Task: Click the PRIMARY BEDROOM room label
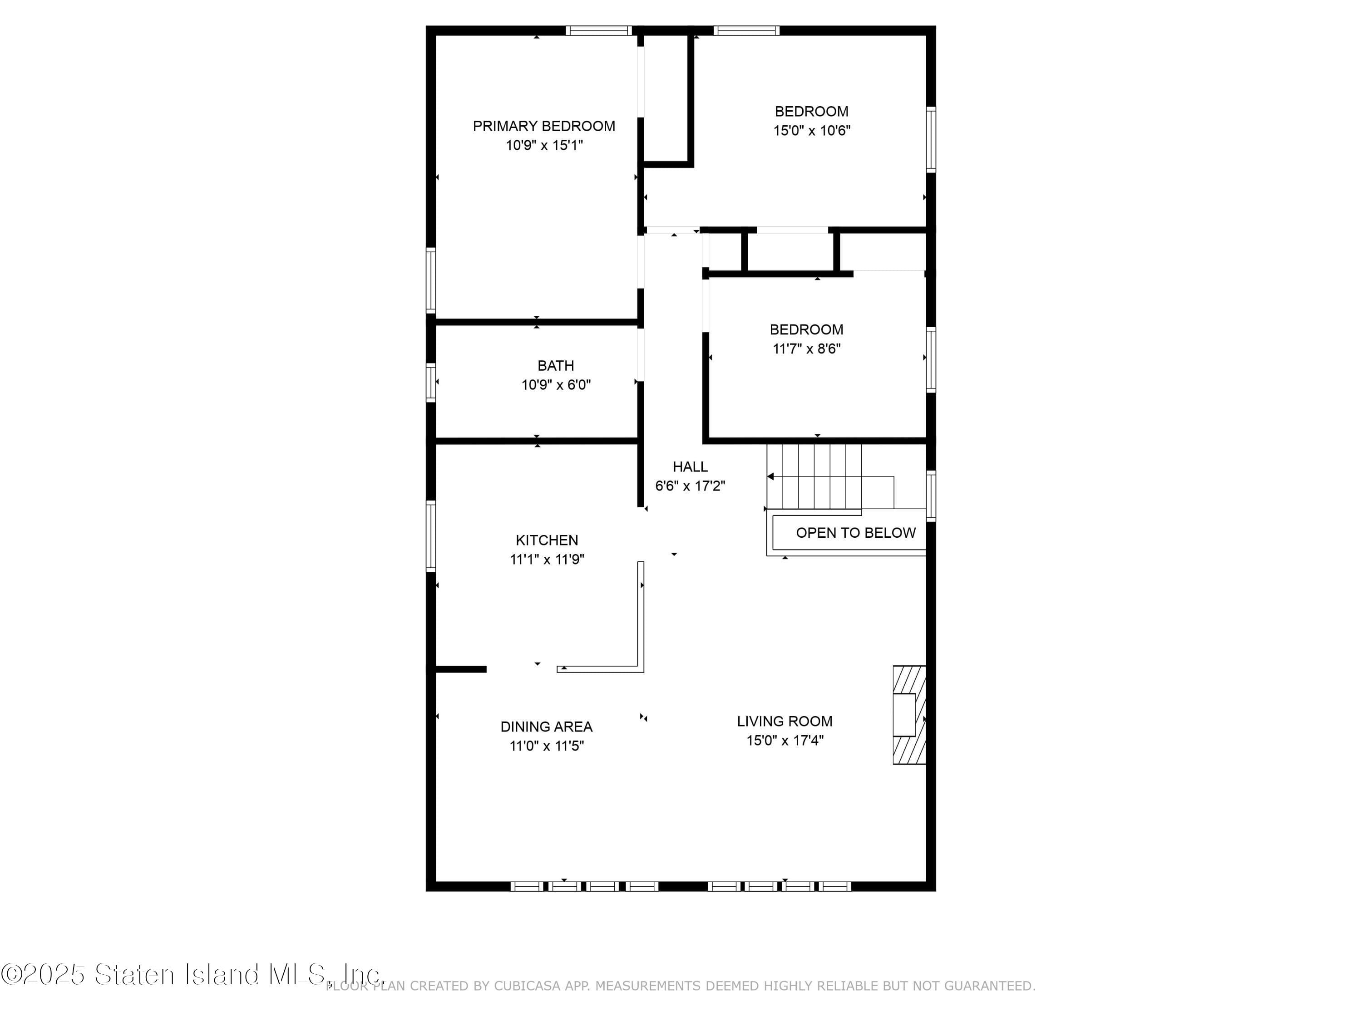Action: (544, 126)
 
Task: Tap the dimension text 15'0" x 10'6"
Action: (812, 131)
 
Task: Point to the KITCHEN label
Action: (547, 540)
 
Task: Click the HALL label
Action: (690, 466)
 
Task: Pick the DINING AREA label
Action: (546, 727)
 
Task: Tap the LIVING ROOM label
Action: (785, 722)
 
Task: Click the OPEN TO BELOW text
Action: (855, 533)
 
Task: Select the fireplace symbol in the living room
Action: (909, 715)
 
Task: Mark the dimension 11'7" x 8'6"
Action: (807, 349)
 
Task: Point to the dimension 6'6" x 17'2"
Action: (690, 486)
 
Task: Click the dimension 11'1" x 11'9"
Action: (547, 560)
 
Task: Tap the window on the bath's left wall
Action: (431, 383)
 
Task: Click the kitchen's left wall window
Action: (431, 536)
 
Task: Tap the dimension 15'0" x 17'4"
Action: (785, 741)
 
